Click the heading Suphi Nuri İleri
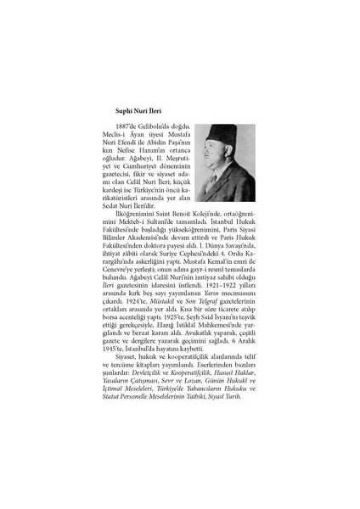pos(141,109)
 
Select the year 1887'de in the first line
pos(136,126)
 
